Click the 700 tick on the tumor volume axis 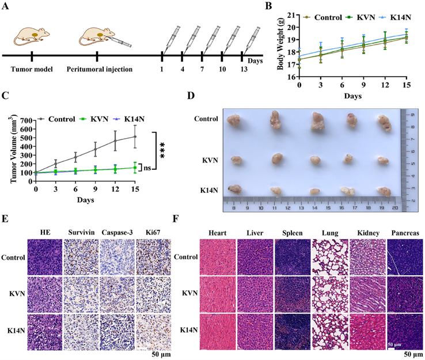coord(25,121)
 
